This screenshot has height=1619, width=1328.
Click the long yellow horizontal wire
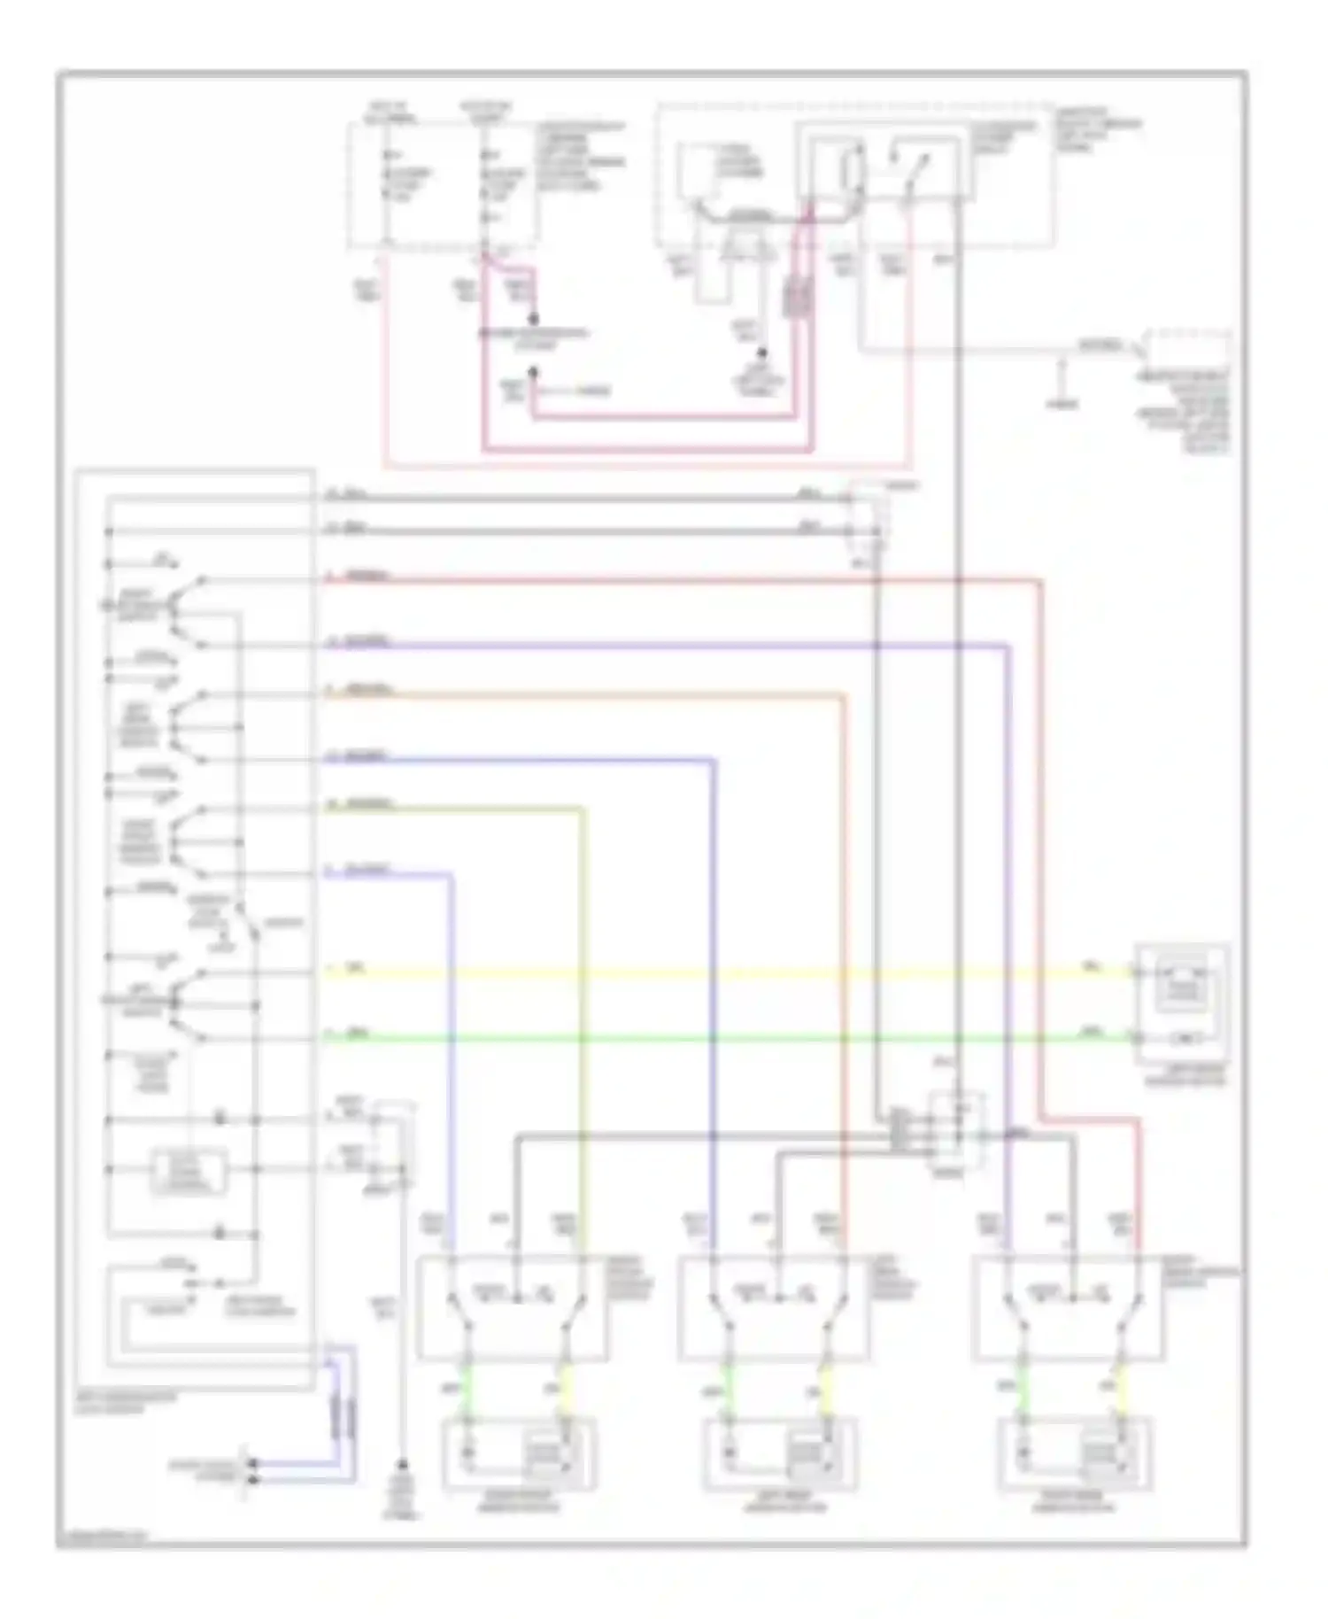click(708, 974)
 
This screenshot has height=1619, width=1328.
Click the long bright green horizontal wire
click(708, 1037)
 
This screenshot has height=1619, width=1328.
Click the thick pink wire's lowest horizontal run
click(646, 450)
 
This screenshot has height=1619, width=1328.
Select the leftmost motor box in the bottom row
click(519, 1453)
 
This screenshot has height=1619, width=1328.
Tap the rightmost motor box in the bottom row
click(1075, 1453)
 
